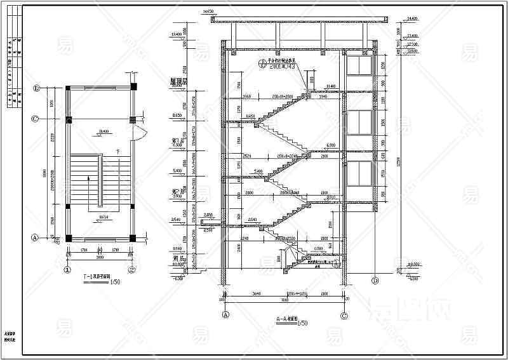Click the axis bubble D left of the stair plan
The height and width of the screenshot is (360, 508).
[x=36, y=88]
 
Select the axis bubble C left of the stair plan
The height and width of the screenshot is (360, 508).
[x=36, y=119]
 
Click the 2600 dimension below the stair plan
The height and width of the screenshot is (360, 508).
[x=99, y=258]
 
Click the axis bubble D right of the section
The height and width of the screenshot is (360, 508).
[x=375, y=280]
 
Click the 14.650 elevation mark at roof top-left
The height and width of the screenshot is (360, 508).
[x=207, y=11]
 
